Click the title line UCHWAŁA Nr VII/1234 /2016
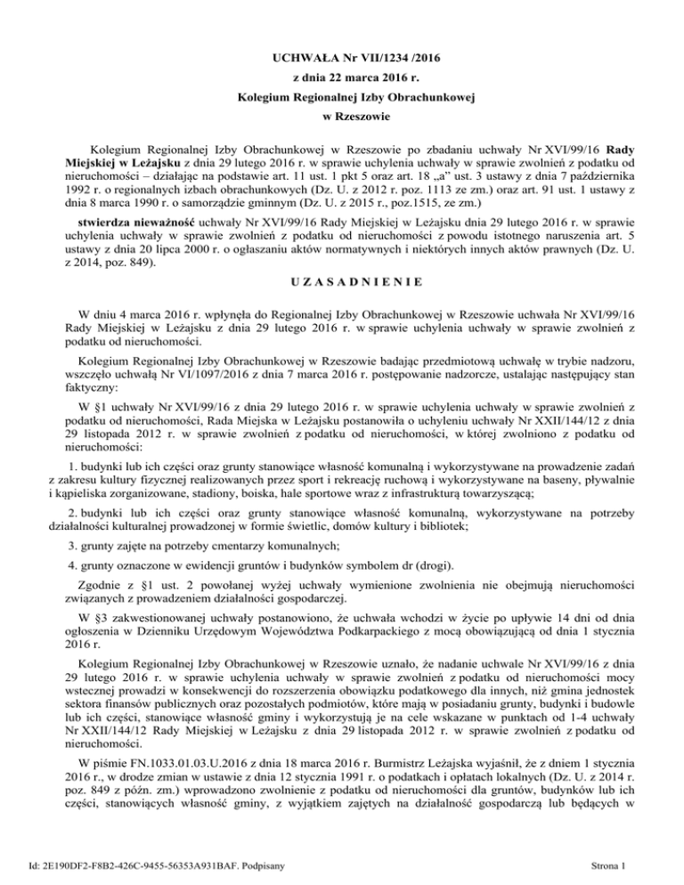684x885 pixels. [342, 58]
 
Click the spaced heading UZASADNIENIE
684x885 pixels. [342, 281]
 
